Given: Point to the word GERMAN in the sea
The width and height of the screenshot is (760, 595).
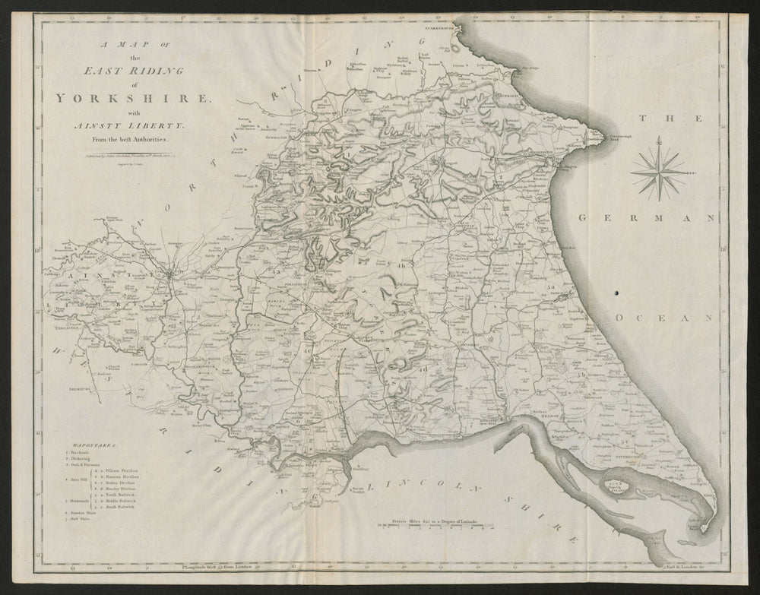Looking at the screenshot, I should pyautogui.click(x=648, y=218).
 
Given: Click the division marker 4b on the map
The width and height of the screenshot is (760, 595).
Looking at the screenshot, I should pyautogui.click(x=402, y=267).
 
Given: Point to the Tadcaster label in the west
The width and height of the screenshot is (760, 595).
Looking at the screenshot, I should pyautogui.click(x=66, y=328).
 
